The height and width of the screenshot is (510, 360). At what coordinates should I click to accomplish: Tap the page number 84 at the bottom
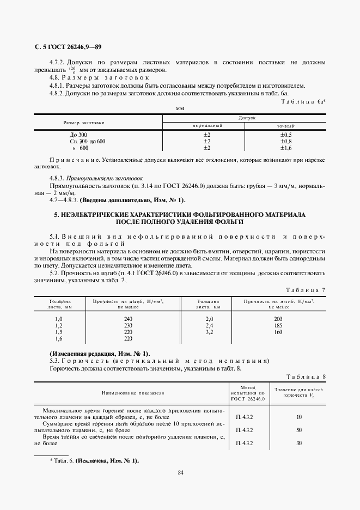[180, 472]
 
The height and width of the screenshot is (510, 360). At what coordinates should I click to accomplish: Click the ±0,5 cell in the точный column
[286, 134]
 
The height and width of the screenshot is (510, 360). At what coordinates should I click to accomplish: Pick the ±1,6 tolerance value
[286, 148]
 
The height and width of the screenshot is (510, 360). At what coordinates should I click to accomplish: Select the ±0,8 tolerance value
[286, 141]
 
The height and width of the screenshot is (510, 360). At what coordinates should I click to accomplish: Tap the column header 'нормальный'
[207, 125]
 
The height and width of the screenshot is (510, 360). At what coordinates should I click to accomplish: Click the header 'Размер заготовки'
[83, 122]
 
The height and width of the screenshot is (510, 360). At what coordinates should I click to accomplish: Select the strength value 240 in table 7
[128, 319]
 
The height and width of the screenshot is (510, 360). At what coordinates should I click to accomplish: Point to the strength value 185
[278, 325]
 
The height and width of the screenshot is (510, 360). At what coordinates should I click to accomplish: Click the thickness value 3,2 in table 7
[209, 332]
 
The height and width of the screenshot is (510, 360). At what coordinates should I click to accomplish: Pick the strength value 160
[278, 332]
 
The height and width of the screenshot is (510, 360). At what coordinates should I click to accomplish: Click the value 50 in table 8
[299, 430]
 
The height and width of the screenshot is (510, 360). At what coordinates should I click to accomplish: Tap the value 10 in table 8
[299, 417]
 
